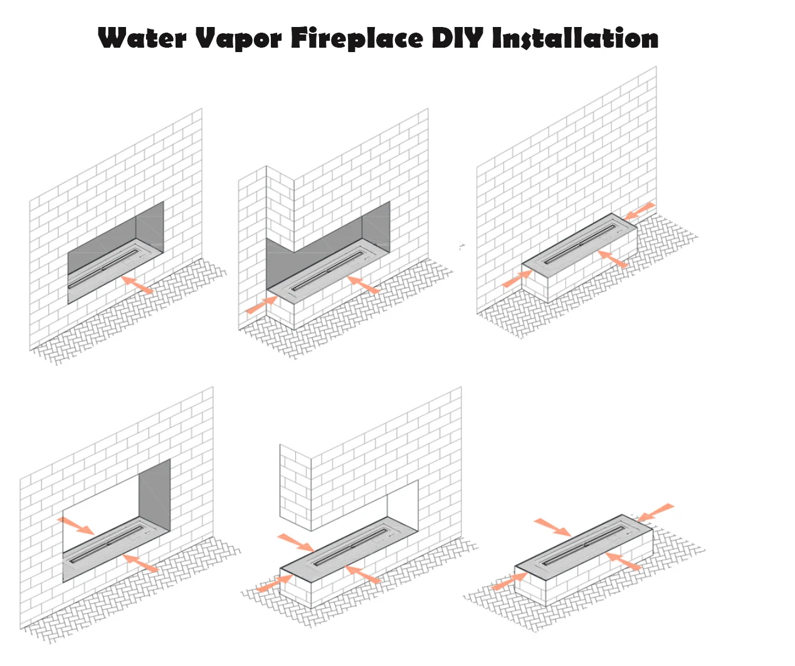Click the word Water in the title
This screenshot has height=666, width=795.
point(142,38)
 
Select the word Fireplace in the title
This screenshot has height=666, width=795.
point(357,38)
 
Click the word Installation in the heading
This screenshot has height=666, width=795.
point(575,38)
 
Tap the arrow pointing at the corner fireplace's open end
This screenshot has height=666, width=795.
point(261,304)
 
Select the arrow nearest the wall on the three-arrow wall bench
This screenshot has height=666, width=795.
point(640,211)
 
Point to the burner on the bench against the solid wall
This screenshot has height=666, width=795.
point(581,244)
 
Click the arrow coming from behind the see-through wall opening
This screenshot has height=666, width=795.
point(76,525)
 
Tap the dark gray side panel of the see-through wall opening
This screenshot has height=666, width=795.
point(155,493)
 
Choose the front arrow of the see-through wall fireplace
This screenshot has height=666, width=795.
point(140,562)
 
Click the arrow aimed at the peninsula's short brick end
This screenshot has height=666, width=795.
point(274,584)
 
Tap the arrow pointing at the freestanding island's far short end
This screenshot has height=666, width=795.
point(656,512)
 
